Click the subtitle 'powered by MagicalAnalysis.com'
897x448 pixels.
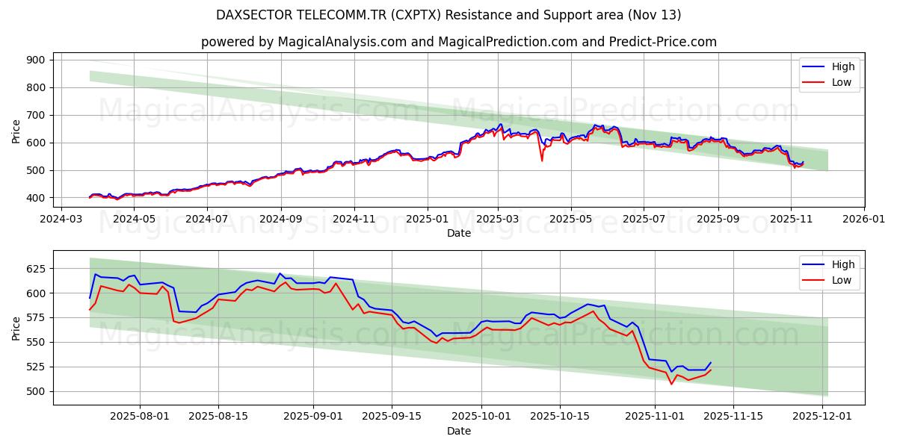pyautogui.click(x=458, y=42)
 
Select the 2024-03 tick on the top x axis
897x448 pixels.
pyautogui.click(x=61, y=220)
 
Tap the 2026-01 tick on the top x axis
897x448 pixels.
pyautogui.click(x=863, y=220)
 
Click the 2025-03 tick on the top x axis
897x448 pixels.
pyautogui.click(x=498, y=220)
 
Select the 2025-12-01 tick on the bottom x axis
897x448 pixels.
pyautogui.click(x=822, y=417)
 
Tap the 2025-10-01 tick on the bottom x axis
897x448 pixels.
pyautogui.click(x=481, y=417)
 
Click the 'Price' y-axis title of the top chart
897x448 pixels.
pyautogui.click(x=16, y=130)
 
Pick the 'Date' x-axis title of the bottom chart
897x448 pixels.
pyautogui.click(x=458, y=431)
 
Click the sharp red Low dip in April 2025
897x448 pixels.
pyautogui.click(x=542, y=160)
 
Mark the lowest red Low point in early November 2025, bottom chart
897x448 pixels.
pyautogui.click(x=671, y=384)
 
